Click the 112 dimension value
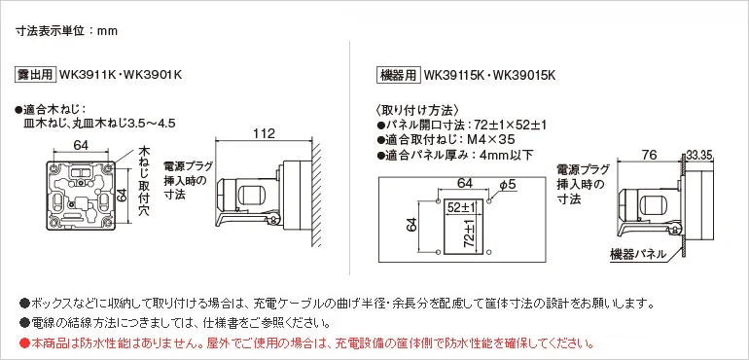[x=265, y=133]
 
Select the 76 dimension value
[x=650, y=155]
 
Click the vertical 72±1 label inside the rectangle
[x=472, y=234]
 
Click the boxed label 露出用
[x=36, y=75]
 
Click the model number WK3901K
[x=153, y=75]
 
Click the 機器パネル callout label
[x=637, y=254]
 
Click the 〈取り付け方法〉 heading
[x=418, y=110]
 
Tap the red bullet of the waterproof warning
[x=24, y=342]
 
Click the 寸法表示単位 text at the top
[x=51, y=31]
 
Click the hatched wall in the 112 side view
[x=316, y=193]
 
